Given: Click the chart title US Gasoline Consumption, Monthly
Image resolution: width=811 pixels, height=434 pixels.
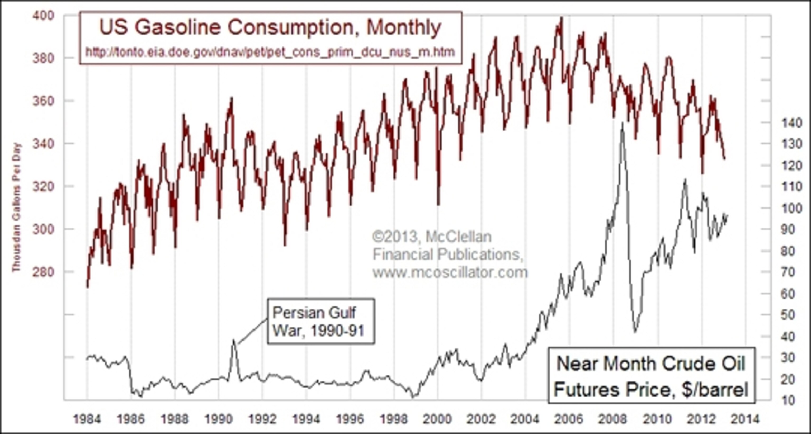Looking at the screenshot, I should coord(270,28).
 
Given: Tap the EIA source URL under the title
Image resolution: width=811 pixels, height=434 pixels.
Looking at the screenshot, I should coord(270,52).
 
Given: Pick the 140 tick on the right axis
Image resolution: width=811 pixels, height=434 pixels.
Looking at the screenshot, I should coord(791,123).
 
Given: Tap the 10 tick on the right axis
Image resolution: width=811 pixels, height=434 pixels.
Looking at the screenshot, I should coord(791,400).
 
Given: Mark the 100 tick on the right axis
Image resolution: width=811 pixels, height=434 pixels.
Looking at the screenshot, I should coord(791,208).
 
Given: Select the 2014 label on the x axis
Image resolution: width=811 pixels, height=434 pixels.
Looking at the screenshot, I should coord(745,419).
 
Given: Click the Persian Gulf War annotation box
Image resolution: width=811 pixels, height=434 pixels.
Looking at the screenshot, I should coord(321,321).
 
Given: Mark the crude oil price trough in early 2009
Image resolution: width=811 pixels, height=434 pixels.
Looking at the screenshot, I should coord(635,331).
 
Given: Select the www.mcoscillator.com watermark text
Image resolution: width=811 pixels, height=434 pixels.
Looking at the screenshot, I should coord(450,272).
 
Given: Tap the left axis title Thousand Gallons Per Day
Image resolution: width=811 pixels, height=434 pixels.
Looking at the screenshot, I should coord(16,208).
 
